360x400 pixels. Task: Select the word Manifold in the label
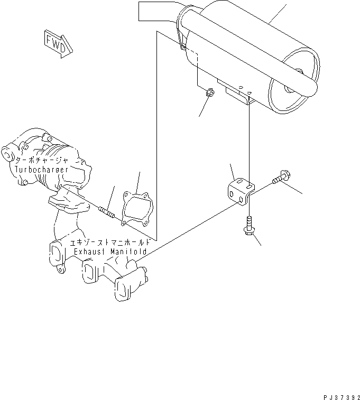pyautogui.click(x=128, y=253)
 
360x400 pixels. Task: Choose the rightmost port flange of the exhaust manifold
pyautogui.click(x=127, y=286)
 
